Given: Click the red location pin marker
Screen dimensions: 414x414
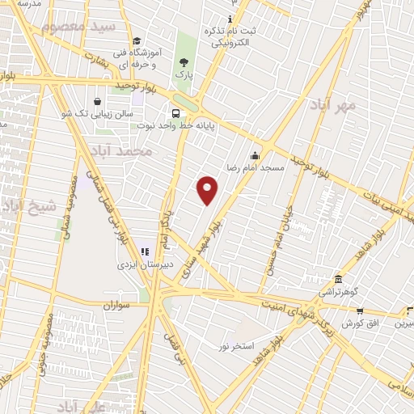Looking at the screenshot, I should click(208, 189).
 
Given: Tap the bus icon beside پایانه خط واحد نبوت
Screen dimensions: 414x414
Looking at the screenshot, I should click(175, 113).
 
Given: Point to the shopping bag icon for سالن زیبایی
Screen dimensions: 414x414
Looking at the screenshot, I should click(97, 103).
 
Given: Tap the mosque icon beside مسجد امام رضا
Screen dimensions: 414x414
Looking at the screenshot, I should click(256, 156).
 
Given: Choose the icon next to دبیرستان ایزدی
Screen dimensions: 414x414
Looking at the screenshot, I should click(146, 252).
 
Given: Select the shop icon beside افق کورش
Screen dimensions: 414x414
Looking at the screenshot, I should click(359, 311).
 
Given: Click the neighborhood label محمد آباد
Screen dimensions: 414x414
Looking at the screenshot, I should click(121, 151).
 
